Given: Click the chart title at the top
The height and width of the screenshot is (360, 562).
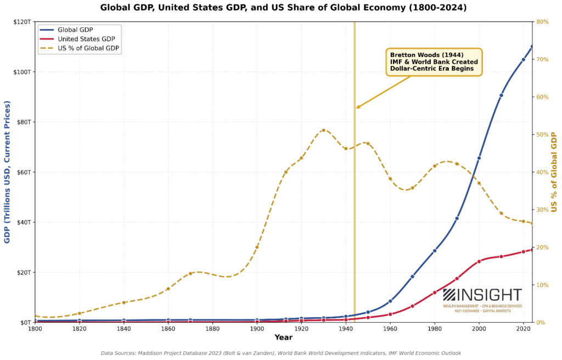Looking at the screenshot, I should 284,8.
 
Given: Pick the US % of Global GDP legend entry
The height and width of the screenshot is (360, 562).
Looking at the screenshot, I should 88,48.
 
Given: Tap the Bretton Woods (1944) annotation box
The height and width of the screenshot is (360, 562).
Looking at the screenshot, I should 434,61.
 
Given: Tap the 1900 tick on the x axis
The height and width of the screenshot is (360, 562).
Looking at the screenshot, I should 257,328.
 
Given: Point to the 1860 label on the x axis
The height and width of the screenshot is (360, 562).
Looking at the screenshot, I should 168,328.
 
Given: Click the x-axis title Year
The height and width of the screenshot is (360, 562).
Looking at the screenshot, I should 283,337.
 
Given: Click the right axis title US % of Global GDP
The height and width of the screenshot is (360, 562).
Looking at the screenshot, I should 554,172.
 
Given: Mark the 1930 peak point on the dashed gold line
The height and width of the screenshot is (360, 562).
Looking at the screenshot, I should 323,130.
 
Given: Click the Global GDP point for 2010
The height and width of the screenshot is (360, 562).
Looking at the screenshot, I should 501,95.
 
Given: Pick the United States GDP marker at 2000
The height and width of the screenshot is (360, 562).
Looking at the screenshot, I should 479,261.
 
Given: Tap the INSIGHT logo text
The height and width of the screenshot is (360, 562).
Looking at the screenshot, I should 489,295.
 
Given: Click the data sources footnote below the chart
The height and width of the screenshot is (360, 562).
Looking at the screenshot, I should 280,353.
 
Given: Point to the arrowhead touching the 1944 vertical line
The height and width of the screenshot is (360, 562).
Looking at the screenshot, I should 357,108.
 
